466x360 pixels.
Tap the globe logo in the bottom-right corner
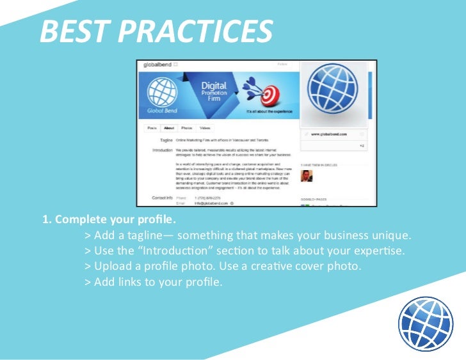pos(425,324)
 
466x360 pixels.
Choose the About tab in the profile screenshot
pos(169,128)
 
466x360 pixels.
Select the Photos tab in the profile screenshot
pos(186,128)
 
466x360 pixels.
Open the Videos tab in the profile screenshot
pos(204,128)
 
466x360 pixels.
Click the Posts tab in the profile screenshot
pos(152,128)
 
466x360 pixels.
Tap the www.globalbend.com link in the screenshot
pos(329,134)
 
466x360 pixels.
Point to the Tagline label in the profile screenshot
pos(165,139)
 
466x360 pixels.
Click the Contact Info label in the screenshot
pos(162,198)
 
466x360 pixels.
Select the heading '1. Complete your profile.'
pos(109,220)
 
